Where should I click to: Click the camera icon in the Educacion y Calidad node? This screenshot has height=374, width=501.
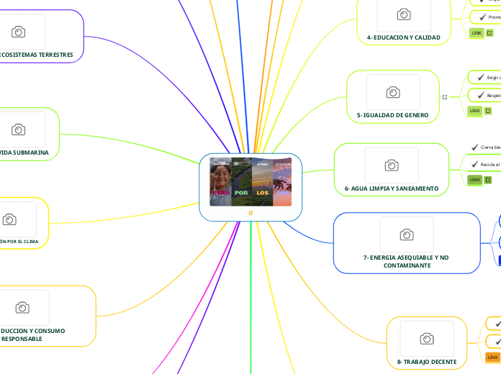point(404,14)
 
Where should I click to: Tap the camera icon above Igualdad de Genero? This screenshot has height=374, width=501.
point(393,92)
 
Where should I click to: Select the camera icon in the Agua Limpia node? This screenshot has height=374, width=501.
point(392,165)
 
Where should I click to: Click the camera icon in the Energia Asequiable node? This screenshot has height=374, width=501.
point(407,234)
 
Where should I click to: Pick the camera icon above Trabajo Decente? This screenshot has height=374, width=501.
point(427,339)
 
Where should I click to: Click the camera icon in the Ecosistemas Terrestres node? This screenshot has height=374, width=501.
point(19,32)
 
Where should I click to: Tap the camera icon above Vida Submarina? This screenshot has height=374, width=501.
point(19,129)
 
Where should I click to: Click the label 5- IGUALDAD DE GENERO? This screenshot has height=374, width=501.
point(392,115)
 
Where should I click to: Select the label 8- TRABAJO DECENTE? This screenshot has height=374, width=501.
point(427,362)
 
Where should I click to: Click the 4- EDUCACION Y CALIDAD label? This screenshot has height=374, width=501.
point(403,37)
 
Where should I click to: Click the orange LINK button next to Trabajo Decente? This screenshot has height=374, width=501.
point(493,357)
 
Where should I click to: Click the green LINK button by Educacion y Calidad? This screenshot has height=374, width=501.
point(477,33)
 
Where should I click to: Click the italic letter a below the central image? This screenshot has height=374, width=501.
point(250,213)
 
